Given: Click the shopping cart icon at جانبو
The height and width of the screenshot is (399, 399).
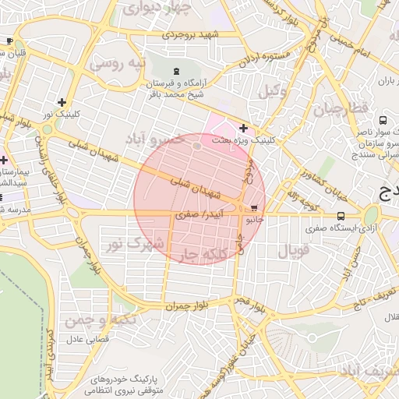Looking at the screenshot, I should pyautogui.click(x=255, y=208).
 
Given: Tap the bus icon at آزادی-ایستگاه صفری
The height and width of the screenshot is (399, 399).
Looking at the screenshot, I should pyautogui.click(x=341, y=216).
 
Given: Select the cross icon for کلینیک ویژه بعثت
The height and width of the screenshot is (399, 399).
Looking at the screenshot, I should pyautogui.click(x=244, y=128).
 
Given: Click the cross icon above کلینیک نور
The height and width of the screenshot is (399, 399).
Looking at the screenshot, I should pyautogui.click(x=62, y=102).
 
